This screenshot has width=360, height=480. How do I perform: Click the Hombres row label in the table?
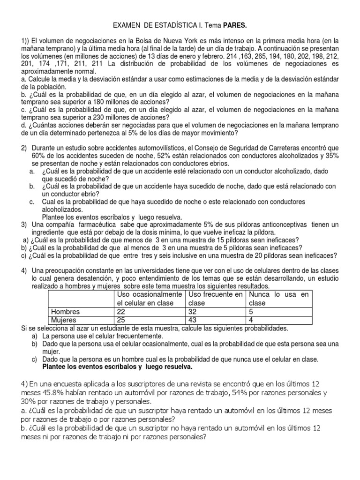(65, 312)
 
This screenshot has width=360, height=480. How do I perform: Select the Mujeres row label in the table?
(64, 320)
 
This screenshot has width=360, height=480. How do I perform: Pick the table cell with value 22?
(121, 312)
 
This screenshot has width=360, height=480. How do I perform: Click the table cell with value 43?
(193, 320)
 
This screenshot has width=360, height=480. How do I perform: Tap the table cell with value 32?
(193, 312)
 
